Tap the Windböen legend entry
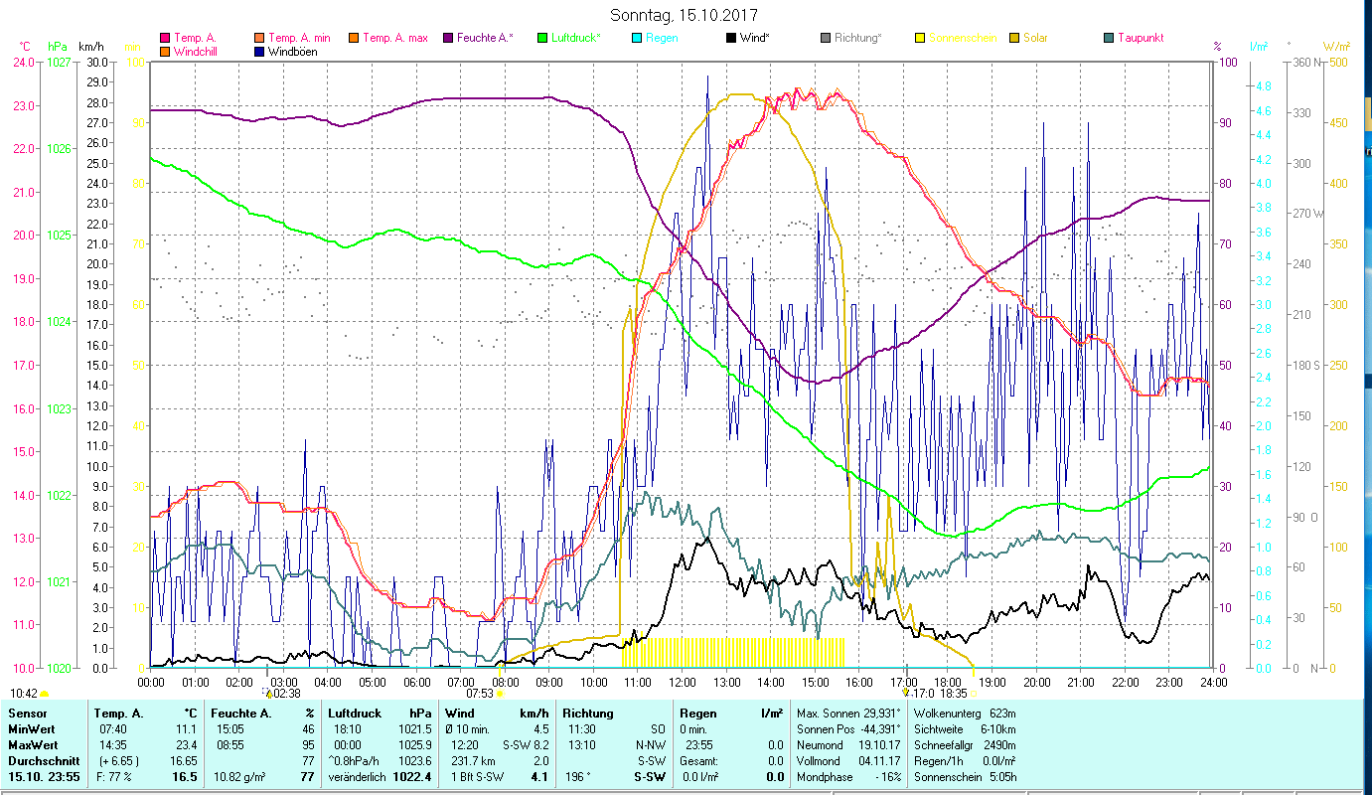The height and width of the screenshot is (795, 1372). [x=293, y=52]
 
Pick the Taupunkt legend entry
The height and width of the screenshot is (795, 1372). [x=1140, y=38]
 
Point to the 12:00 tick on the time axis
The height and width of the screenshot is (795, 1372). [x=683, y=683]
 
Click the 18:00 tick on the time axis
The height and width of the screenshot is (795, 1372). [x=948, y=683]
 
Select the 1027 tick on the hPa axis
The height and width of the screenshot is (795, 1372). [x=59, y=63]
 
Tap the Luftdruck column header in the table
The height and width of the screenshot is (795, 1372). [x=354, y=714]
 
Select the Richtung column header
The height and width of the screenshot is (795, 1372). [x=587, y=714]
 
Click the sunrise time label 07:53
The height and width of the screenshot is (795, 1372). [x=481, y=693]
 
